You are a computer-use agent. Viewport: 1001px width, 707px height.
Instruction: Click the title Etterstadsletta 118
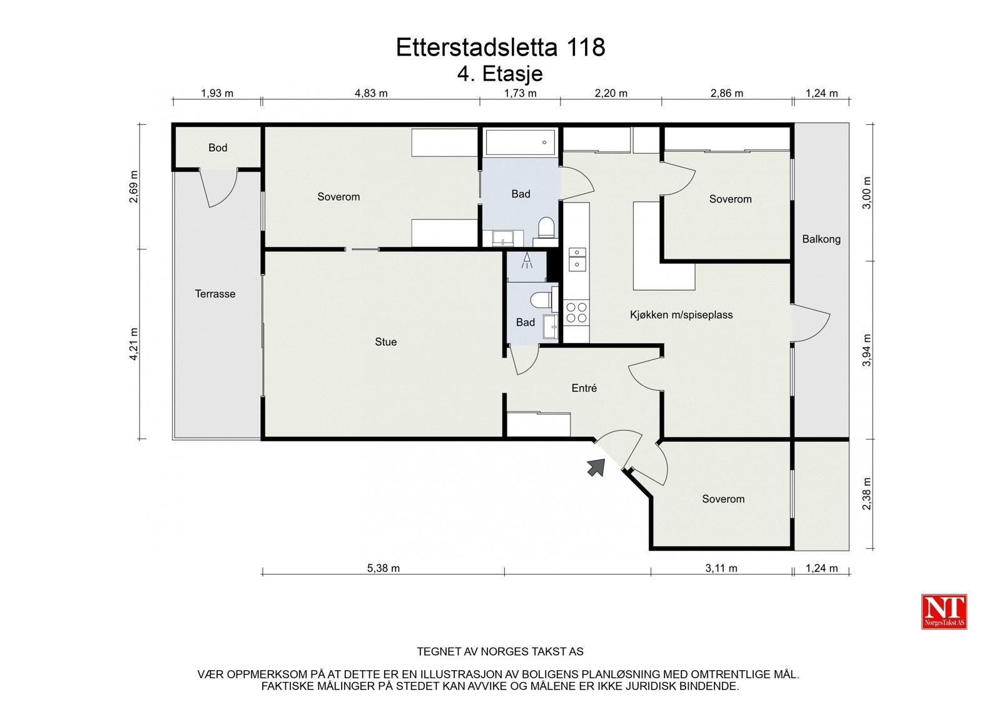pyautogui.click(x=500, y=48)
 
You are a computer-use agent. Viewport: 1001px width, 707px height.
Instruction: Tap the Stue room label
pyautogui.click(x=385, y=342)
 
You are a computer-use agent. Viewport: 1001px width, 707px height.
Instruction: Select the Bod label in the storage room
pyautogui.click(x=218, y=148)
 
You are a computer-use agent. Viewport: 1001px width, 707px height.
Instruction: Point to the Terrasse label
pyautogui.click(x=215, y=294)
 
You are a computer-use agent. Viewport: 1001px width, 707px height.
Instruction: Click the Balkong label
pyautogui.click(x=821, y=239)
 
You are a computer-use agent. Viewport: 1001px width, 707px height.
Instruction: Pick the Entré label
pyautogui.click(x=584, y=388)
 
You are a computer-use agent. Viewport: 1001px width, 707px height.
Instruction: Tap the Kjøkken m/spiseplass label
pyautogui.click(x=681, y=315)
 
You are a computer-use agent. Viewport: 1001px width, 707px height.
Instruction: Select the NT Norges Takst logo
pyautogui.click(x=944, y=611)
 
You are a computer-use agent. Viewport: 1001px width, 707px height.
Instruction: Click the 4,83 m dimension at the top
pyautogui.click(x=371, y=94)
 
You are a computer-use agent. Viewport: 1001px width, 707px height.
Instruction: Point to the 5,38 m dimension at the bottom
pyautogui.click(x=384, y=568)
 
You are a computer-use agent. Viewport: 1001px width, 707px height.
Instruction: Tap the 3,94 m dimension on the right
pyautogui.click(x=866, y=350)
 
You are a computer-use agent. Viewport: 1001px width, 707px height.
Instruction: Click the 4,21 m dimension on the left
pyautogui.click(x=134, y=344)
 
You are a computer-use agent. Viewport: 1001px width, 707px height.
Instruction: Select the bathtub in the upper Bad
pyautogui.click(x=521, y=143)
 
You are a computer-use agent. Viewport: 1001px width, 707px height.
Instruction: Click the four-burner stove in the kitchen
pyautogui.click(x=576, y=313)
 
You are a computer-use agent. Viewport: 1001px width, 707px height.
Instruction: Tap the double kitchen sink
pyautogui.click(x=577, y=259)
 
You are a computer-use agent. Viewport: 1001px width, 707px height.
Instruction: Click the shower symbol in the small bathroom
pyautogui.click(x=527, y=261)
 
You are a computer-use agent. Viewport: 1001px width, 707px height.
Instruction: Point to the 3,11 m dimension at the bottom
pyautogui.click(x=721, y=568)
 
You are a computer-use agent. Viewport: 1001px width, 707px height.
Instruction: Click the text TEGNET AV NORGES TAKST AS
pyautogui.click(x=500, y=651)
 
